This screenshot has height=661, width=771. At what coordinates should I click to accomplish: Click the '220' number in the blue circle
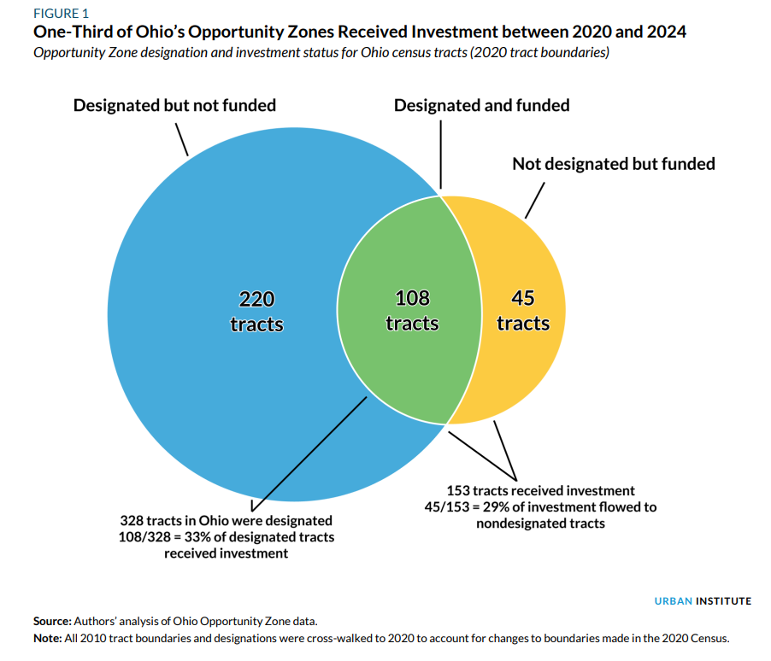pos(256,299)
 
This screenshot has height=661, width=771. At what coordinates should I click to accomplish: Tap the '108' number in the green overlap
pos(412,299)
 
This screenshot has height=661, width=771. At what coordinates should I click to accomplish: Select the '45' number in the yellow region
pos(522,299)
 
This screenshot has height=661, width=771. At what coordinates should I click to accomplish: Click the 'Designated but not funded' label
pos(174,106)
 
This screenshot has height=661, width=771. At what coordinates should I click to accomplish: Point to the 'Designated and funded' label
pos(481,106)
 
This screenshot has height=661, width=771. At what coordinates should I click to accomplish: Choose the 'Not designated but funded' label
pos(613,163)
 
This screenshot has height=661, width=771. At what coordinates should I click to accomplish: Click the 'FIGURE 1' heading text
pos(62,14)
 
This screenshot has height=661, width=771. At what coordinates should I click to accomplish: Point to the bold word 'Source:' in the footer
pos(52,621)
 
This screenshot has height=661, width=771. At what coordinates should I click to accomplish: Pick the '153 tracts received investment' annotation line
pos(540,490)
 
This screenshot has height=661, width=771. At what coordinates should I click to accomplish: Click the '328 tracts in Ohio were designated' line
pos(226,520)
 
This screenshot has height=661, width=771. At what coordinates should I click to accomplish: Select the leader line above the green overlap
pos(441,154)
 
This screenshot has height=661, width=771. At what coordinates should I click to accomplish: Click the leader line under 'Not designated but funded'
pos(533,198)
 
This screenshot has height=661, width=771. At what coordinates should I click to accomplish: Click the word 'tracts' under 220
pos(256,325)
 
